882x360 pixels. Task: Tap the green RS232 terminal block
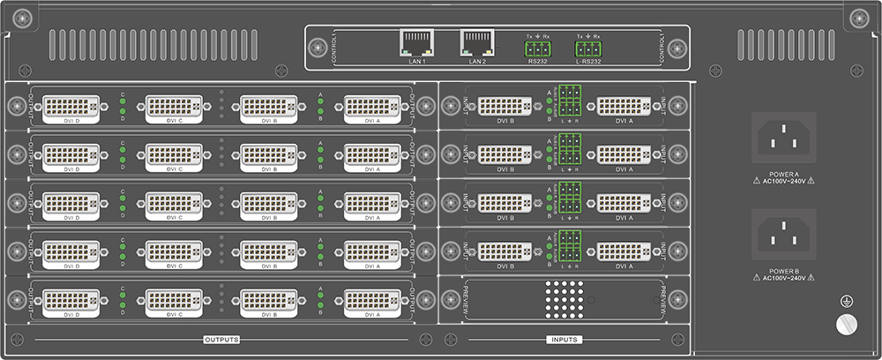tap(537, 49)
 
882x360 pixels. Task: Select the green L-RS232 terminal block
tap(587, 49)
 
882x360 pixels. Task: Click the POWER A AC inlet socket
tap(782, 138)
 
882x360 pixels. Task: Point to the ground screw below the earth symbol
tap(844, 324)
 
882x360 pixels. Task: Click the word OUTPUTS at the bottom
tap(221, 340)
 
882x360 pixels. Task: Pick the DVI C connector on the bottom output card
tap(174, 301)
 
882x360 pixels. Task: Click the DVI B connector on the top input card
tap(505, 107)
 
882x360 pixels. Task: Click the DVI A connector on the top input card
tap(624, 107)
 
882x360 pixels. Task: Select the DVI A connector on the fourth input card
tap(624, 251)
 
